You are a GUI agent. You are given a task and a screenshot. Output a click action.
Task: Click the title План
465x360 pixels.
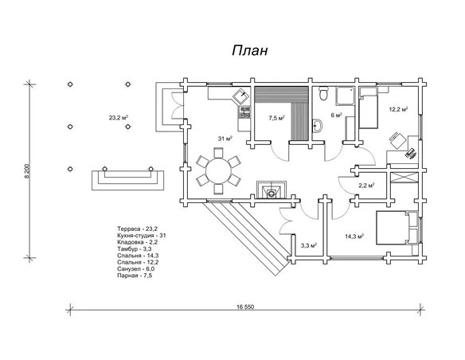(x=250, y=50)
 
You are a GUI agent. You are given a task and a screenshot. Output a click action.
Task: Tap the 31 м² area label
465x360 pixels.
(x=225, y=139)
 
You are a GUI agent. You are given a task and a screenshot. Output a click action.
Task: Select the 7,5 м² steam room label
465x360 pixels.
(x=276, y=118)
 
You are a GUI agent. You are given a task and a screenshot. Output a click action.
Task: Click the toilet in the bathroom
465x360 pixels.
(x=323, y=93)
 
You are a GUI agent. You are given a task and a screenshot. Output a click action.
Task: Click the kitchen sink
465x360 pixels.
(x=241, y=96)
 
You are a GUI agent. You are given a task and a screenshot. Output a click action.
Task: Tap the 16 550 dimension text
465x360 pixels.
(x=245, y=307)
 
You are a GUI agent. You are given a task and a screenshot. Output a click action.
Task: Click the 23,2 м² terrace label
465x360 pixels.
(x=119, y=118)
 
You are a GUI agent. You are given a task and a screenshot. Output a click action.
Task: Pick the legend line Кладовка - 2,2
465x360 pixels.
(x=137, y=242)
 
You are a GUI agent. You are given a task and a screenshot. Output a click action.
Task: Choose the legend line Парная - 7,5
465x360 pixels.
(x=135, y=276)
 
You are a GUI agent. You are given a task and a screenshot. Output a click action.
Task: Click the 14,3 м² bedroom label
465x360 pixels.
(x=354, y=237)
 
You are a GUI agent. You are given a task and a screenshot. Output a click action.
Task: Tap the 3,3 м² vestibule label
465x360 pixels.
(x=309, y=245)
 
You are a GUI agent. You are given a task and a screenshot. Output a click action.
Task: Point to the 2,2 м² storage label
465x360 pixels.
(x=366, y=186)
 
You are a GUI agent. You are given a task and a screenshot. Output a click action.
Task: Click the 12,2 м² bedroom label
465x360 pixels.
(x=398, y=109)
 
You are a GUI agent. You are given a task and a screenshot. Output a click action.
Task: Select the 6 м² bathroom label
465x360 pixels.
(x=337, y=115)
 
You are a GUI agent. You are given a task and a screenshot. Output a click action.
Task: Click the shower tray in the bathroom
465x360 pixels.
(x=346, y=96)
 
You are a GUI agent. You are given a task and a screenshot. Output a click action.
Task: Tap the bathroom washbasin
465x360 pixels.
(x=317, y=126)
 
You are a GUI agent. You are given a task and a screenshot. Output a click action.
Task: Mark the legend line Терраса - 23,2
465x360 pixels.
(x=137, y=229)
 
